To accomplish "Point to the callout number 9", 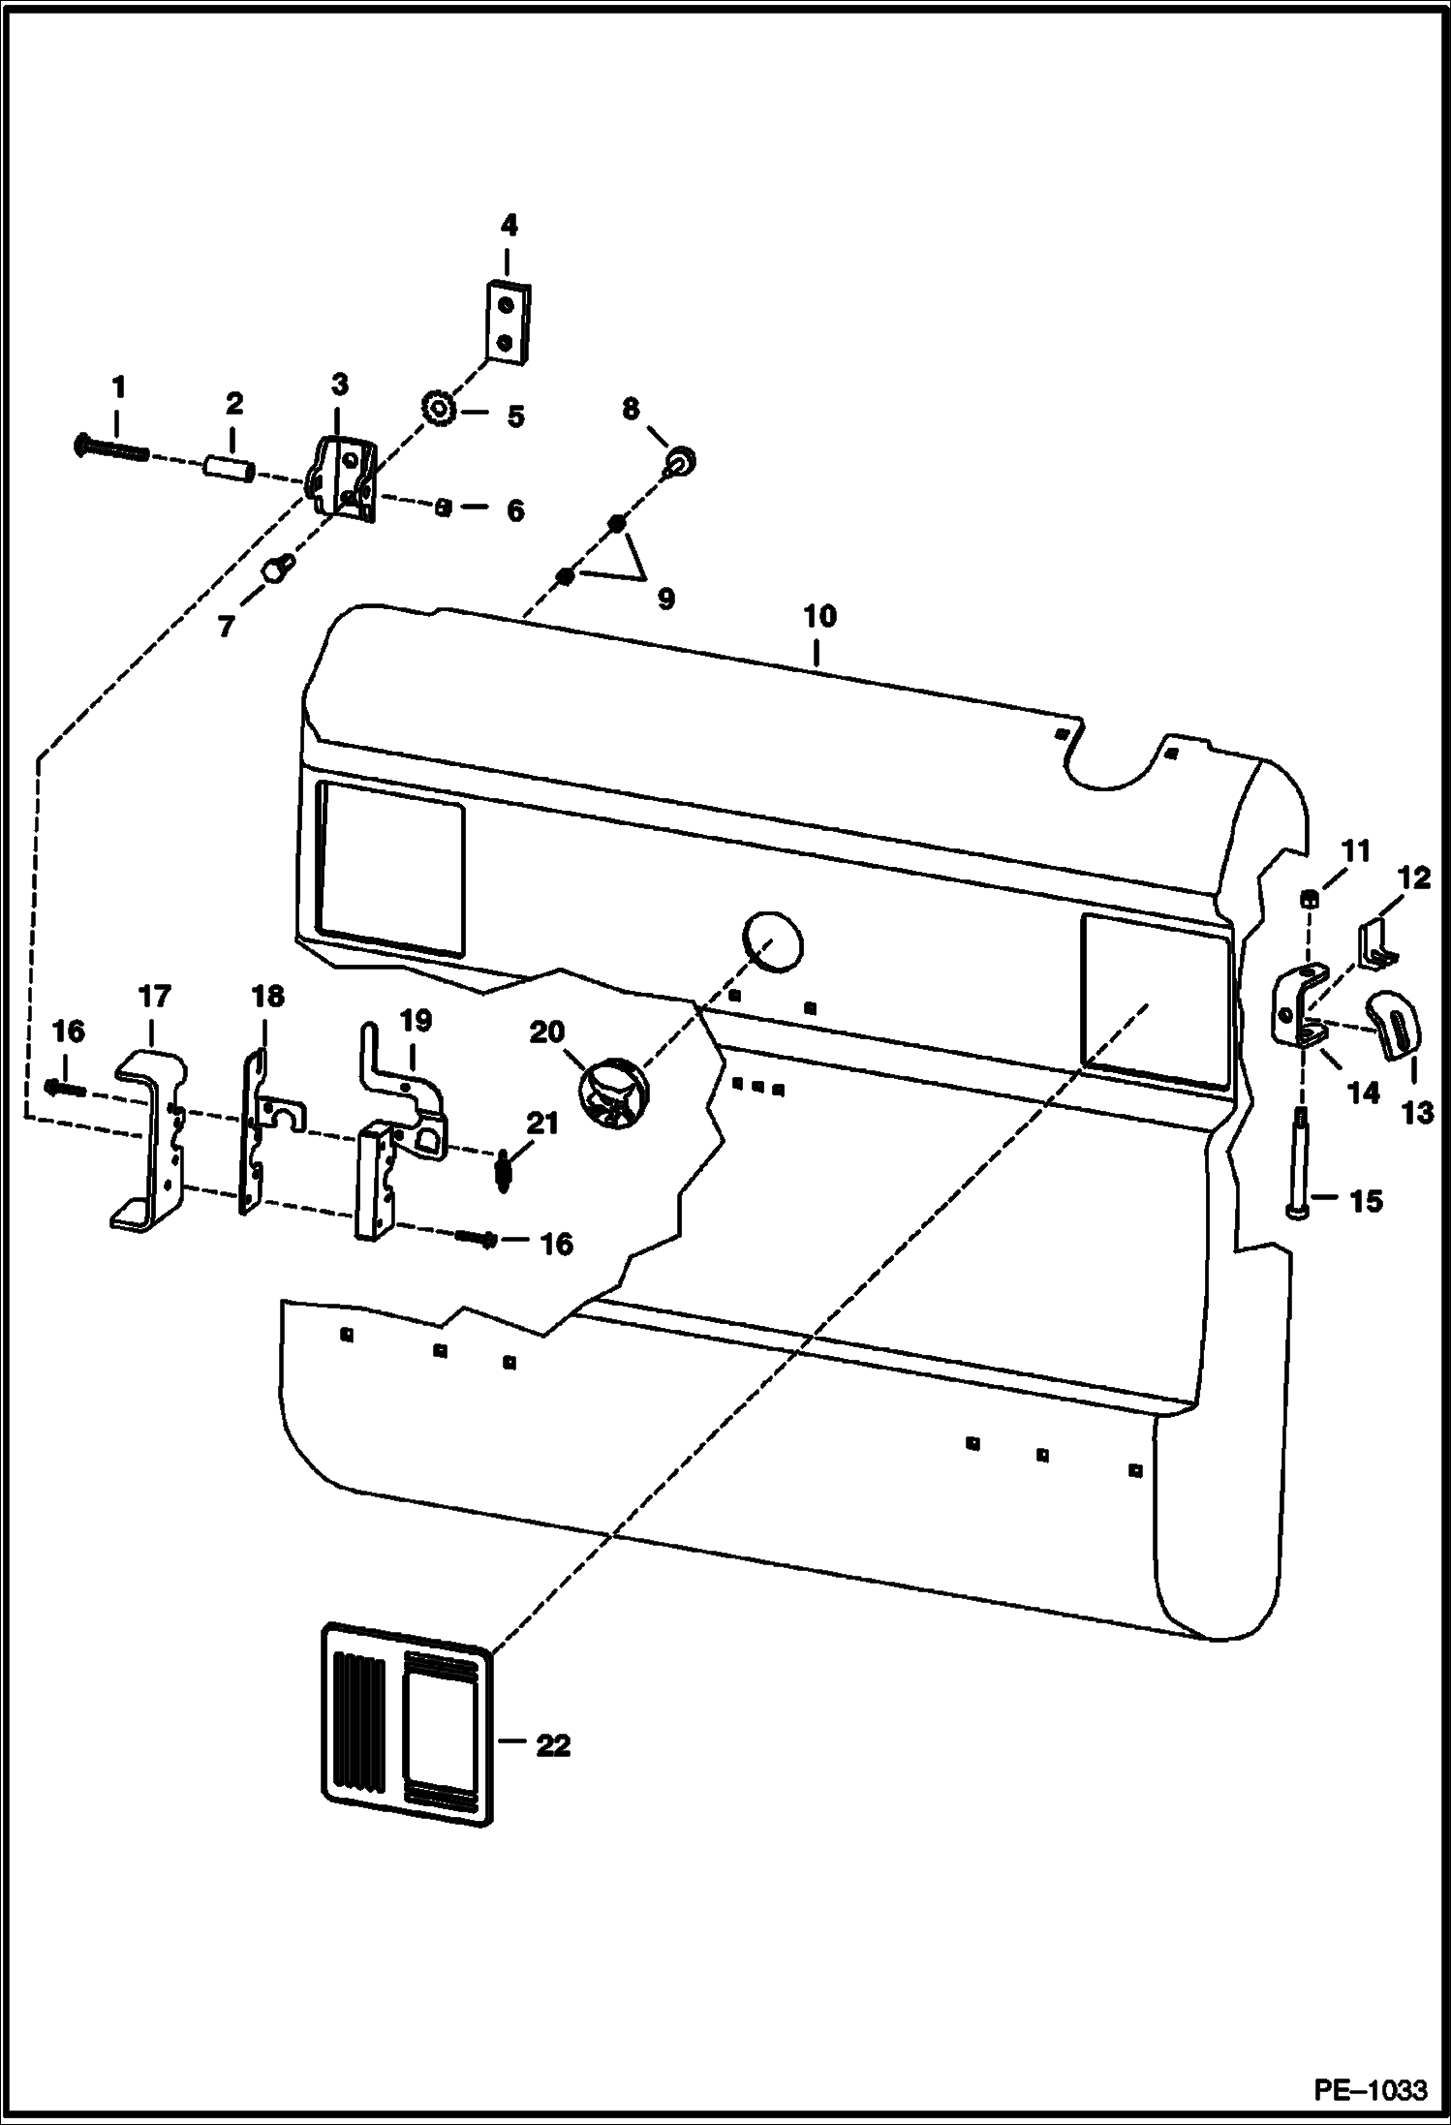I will (665, 600).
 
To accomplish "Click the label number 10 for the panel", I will (819, 617).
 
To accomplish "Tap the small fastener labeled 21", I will (504, 1170).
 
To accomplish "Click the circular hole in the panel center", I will (773, 939).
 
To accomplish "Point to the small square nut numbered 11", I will (1308, 900).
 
